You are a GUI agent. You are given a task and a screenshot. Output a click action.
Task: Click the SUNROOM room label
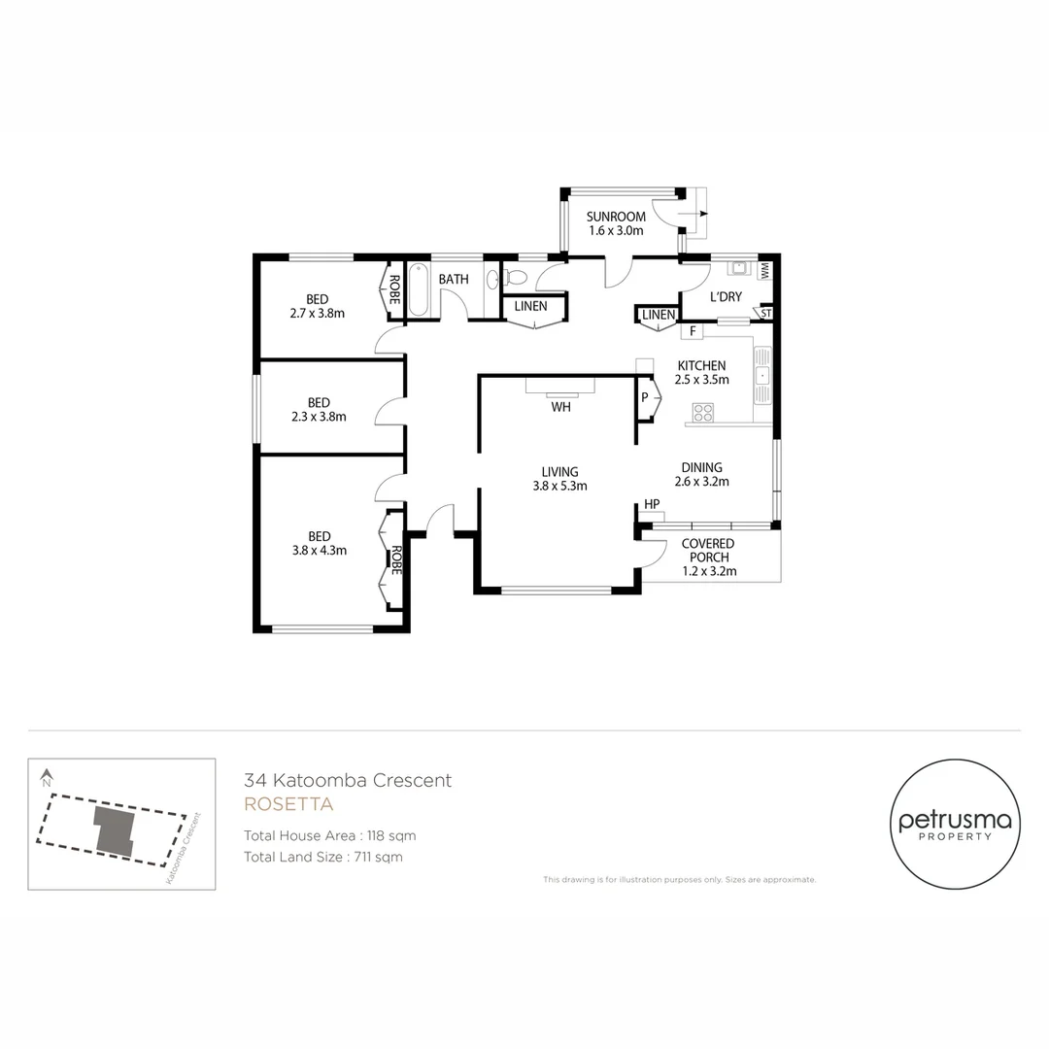(x=616, y=216)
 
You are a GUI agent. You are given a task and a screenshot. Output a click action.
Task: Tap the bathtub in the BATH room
(x=418, y=289)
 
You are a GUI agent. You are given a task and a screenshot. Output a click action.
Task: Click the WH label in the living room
(x=560, y=407)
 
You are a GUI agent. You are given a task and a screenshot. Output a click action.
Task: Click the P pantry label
(x=644, y=397)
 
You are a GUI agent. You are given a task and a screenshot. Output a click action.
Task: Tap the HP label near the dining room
(x=652, y=504)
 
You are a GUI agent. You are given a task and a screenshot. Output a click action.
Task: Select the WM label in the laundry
(x=764, y=271)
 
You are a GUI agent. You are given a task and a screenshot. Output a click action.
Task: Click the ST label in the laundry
(x=765, y=314)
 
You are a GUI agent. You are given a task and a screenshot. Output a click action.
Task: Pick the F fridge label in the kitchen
(x=693, y=332)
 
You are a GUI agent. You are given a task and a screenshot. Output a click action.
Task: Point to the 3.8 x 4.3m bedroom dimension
(x=319, y=550)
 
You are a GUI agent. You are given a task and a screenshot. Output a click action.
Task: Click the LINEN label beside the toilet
(x=530, y=306)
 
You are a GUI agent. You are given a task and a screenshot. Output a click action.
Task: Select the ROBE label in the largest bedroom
(x=395, y=561)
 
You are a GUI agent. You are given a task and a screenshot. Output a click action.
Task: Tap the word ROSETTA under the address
(x=288, y=804)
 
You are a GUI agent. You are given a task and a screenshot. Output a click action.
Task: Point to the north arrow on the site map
(x=47, y=777)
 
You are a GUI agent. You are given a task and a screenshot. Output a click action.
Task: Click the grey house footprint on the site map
(x=115, y=829)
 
